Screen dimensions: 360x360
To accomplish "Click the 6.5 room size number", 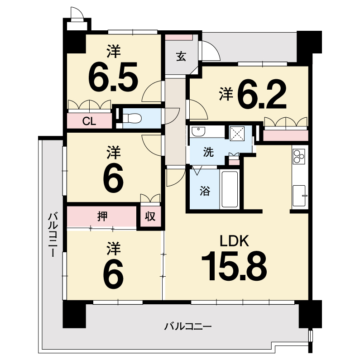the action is coord(113,77).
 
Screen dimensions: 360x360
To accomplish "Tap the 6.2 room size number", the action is coord(262,95).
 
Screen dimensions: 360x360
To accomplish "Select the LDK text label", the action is coord(234,241).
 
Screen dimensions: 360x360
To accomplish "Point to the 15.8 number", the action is coord(234,266).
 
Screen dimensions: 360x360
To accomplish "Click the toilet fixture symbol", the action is coord(132,119).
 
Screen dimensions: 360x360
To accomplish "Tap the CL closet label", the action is coord(89,121).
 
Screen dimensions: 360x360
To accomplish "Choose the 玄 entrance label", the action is coord(181,57).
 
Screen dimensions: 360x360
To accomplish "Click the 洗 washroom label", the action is coord(208,152).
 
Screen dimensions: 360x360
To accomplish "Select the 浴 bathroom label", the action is coord(205,191).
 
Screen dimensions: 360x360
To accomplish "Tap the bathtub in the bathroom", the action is coord(230,189).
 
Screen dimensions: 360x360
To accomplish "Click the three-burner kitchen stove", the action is coord(299,156).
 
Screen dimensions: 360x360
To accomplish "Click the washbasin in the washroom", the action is coord(198,132).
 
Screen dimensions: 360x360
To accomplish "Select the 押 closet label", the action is coord(102,216).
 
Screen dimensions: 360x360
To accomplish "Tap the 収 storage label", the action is coord(150,216).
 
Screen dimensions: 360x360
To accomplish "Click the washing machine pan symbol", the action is coord(237,134).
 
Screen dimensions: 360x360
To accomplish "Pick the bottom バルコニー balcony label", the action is coord(187,326).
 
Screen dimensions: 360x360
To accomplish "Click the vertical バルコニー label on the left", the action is coord(53,235).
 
